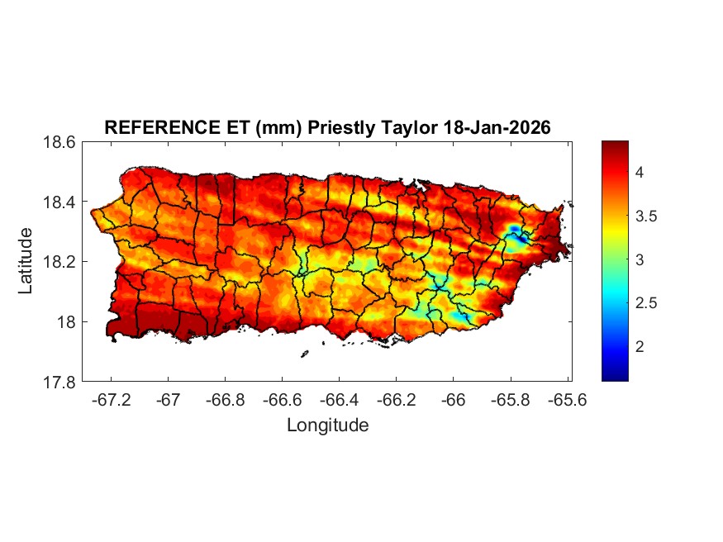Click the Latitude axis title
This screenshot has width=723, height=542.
pos(26,261)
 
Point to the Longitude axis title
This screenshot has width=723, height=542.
pos(327,426)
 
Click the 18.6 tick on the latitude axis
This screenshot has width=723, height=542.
pos(59,142)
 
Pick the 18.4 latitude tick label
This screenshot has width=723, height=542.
pos(59,202)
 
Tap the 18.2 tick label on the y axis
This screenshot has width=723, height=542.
pos(59,262)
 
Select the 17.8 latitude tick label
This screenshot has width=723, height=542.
pos(59,382)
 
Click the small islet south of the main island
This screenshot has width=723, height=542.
pos(304,354)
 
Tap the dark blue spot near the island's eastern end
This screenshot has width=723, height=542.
pos(514,229)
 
